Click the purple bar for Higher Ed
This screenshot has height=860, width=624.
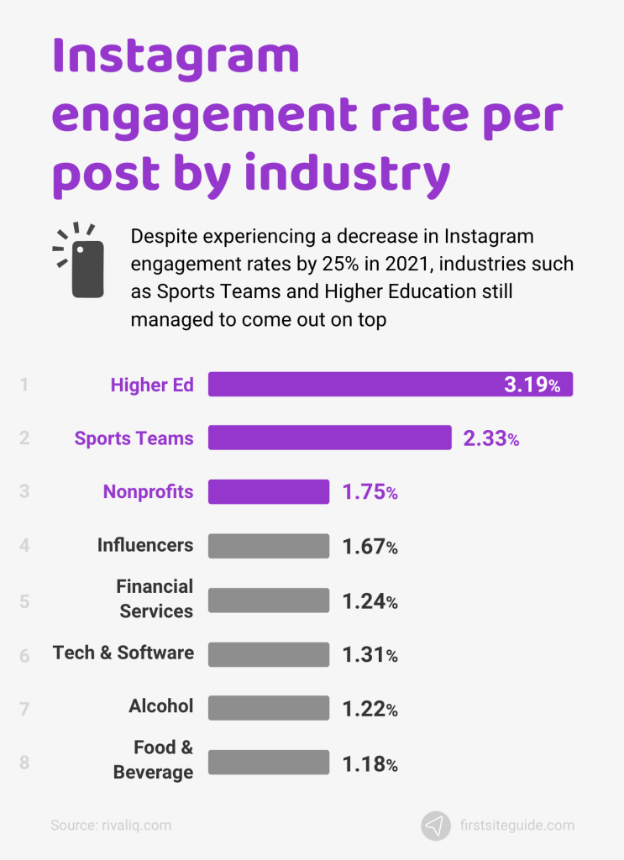coord(353,385)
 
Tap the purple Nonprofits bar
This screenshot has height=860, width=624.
coord(269,491)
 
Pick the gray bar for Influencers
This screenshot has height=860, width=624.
coord(269,546)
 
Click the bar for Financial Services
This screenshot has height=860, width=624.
coord(269,600)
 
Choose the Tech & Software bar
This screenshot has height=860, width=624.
coord(269,654)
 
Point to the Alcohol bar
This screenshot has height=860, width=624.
coord(269,708)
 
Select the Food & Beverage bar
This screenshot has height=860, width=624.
coord(269,762)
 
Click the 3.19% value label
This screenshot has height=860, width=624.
coord(532,385)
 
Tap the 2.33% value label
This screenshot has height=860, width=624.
coord(490,438)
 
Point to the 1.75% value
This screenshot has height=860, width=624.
coord(370,492)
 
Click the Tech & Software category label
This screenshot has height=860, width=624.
coord(123,653)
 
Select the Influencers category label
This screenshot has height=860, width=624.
coord(145,545)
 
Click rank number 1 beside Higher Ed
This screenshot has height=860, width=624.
coord(24,385)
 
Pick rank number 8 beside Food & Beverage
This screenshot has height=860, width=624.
coord(24,763)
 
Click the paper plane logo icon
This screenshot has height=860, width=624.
coord(436,826)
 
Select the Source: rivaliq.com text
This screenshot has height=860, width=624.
coord(111,826)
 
